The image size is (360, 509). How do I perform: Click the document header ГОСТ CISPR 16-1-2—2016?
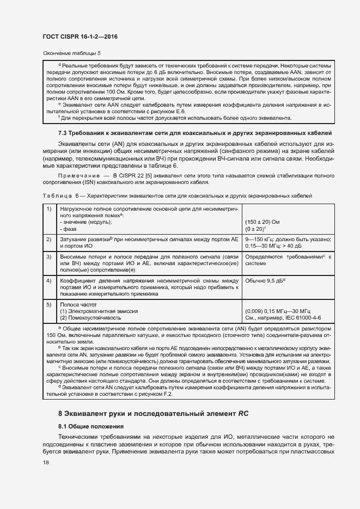[x=80, y=36]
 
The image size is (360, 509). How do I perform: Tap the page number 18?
[x=45, y=463]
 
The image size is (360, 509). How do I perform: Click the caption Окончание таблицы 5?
[x=71, y=53]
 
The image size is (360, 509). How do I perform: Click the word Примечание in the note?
[x=77, y=176]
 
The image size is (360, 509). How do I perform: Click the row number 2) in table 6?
[x=49, y=239]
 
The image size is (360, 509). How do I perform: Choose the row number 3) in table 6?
[x=49, y=256]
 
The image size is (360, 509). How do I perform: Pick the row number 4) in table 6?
[x=49, y=280]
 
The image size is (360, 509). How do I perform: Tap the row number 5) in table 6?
[x=49, y=305]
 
